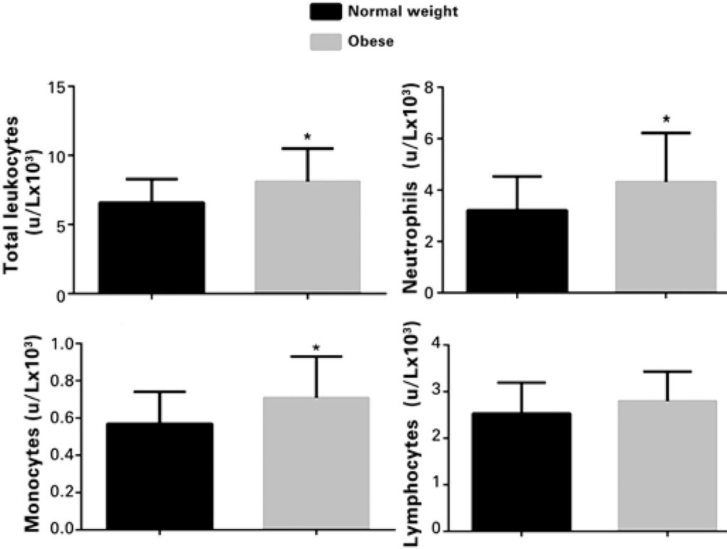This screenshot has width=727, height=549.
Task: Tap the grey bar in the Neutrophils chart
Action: tap(666, 237)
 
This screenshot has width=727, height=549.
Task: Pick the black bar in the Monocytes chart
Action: tap(160, 476)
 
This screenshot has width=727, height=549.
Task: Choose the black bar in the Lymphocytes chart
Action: tap(520, 472)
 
